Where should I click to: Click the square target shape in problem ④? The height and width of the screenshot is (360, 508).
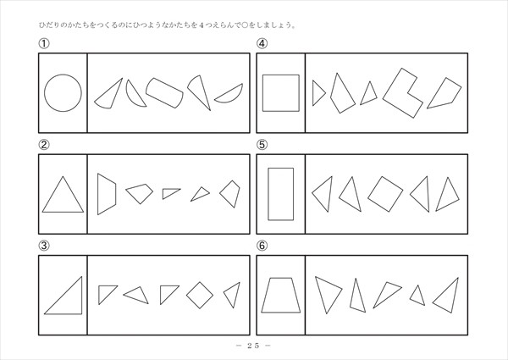tap(281, 75)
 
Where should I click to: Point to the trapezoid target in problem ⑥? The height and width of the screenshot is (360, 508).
tap(281, 313)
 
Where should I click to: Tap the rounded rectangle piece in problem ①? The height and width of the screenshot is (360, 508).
tap(164, 92)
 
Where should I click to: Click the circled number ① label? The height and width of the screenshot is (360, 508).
tap(44, 43)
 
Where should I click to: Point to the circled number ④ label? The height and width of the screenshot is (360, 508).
tap(262, 43)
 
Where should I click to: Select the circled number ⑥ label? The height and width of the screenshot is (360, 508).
tap(262, 246)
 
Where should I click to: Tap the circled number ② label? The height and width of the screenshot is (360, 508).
tap(44, 145)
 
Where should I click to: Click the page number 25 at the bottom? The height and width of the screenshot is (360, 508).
tap(253, 346)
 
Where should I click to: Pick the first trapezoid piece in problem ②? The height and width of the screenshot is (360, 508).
tap(107, 194)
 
